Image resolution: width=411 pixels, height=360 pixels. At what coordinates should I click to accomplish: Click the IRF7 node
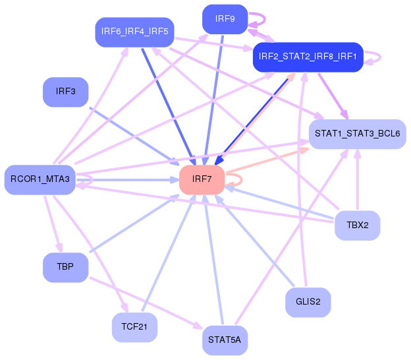tap(202, 179)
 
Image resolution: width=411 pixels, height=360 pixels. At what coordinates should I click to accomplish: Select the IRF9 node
tap(225, 19)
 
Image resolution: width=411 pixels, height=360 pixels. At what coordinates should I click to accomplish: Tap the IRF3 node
tap(66, 92)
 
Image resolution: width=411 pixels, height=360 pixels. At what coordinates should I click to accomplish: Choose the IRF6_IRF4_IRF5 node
tap(134, 32)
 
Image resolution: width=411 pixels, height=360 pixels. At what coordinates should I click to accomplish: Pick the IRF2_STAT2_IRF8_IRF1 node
tap(308, 57)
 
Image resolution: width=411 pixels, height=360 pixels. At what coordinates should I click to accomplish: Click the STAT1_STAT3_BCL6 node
tap(357, 134)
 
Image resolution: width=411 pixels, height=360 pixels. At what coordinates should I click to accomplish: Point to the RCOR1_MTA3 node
tap(40, 179)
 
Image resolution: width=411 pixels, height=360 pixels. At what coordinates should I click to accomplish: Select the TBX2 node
tap(358, 225)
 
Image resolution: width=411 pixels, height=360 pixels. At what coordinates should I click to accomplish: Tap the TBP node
tap(65, 267)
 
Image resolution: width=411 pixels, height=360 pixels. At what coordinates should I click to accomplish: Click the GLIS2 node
tap(308, 303)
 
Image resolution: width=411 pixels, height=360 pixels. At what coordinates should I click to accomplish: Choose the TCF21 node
tap(134, 326)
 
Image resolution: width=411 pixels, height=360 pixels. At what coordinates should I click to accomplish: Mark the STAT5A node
tap(225, 340)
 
